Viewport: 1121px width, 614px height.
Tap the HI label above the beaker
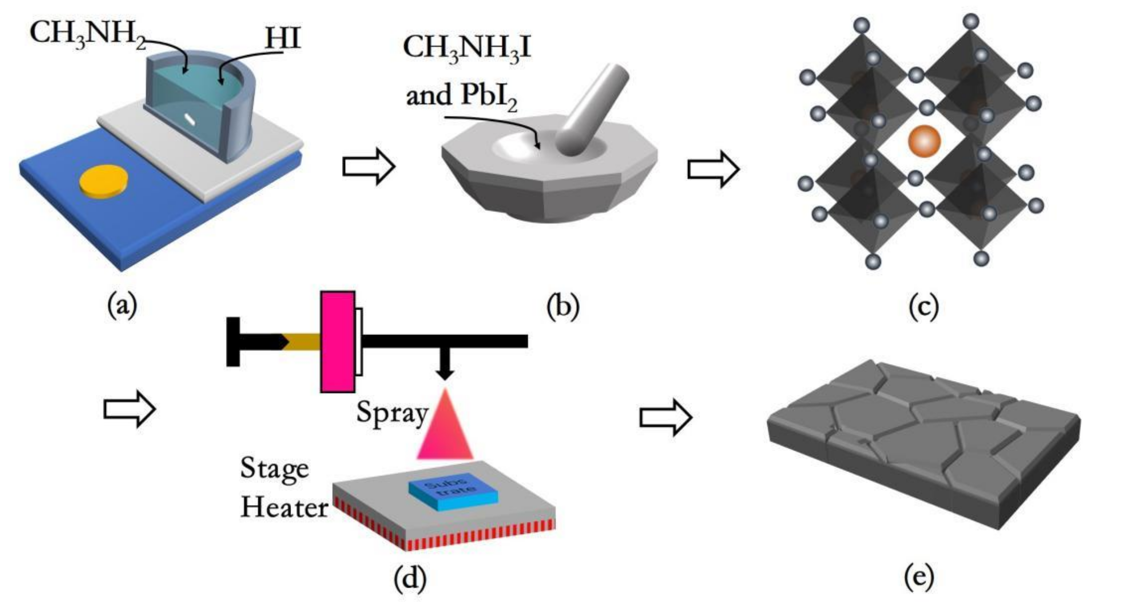point(283,38)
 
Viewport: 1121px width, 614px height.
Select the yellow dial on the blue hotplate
point(104,183)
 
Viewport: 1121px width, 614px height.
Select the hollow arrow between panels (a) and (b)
point(368,166)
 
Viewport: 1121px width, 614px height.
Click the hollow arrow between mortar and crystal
point(713,169)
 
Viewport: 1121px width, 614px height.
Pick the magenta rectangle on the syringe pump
point(338,342)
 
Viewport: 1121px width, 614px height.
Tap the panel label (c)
point(923,307)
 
